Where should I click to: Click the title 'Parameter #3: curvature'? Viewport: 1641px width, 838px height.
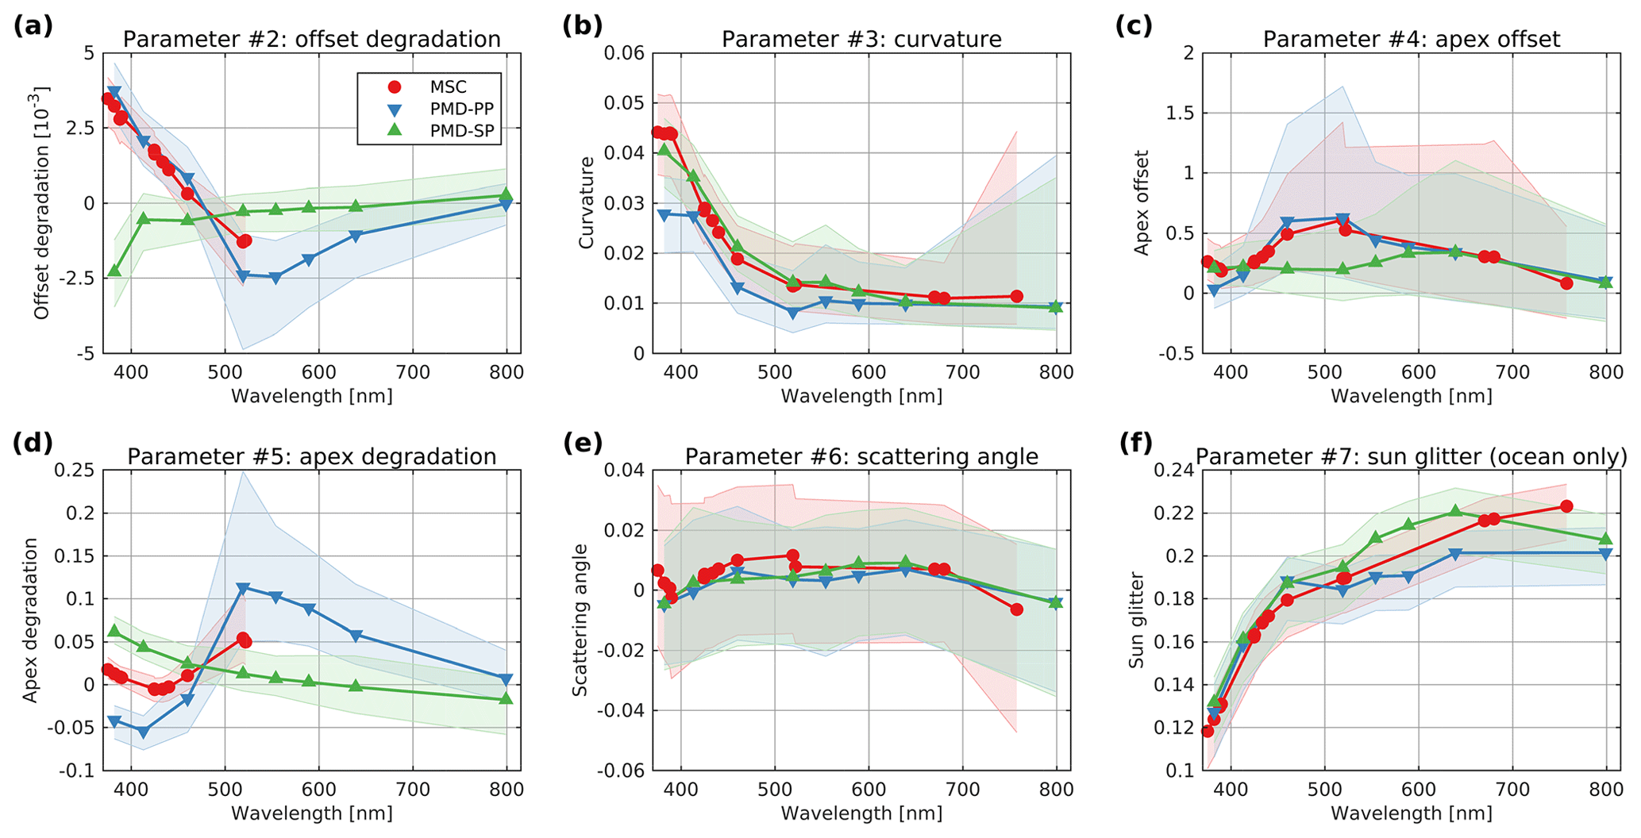tap(861, 39)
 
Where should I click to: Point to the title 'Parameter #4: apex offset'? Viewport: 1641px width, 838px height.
tap(1411, 39)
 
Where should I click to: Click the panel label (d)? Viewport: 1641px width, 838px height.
tap(33, 443)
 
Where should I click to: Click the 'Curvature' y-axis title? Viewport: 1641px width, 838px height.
tap(587, 202)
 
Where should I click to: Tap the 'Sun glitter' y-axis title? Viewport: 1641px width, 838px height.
tap(1136, 620)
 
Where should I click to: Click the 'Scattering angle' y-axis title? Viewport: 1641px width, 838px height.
tap(580, 620)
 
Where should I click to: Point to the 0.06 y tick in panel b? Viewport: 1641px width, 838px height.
tap(626, 53)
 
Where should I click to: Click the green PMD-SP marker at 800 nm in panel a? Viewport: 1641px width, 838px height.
tap(507, 195)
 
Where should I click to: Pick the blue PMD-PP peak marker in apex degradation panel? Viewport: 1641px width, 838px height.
tap(244, 588)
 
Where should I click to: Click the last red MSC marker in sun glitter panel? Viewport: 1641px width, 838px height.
tap(1566, 506)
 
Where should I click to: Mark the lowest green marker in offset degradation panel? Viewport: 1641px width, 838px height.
tap(114, 271)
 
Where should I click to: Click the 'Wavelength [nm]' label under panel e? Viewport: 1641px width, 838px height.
tap(861, 813)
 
